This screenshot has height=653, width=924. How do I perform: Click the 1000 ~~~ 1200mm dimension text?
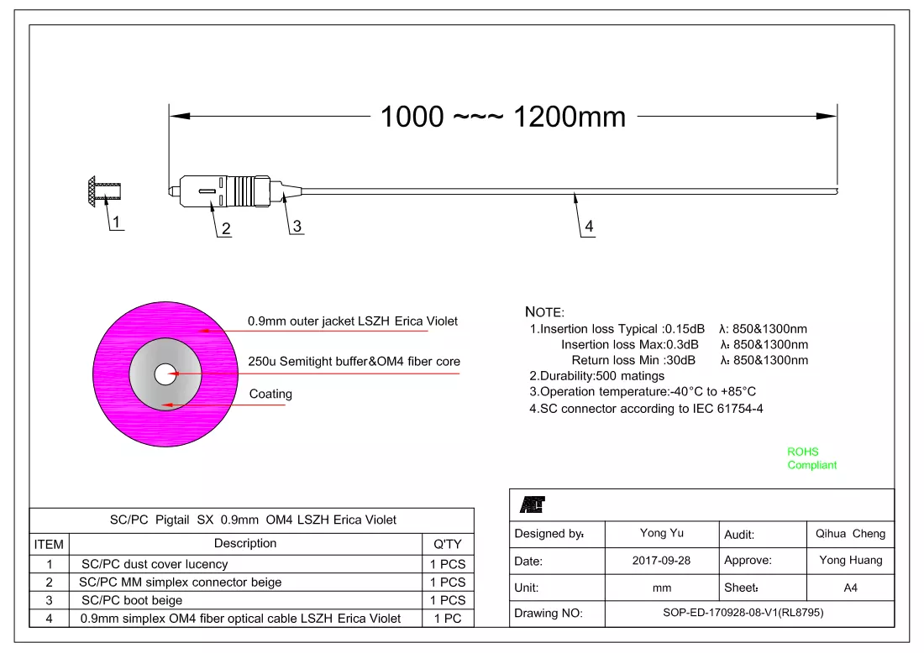(502, 117)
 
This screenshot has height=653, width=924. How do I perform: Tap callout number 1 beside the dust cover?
(116, 222)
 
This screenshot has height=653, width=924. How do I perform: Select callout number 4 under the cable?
(589, 226)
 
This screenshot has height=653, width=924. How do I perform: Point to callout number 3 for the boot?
(297, 226)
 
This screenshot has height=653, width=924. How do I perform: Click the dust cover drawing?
(104, 191)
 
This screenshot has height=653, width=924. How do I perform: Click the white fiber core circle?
(165, 374)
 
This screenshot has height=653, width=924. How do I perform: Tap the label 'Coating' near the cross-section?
(270, 394)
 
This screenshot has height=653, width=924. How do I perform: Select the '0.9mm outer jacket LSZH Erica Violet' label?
(353, 321)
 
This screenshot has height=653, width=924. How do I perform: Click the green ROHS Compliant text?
(811, 458)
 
